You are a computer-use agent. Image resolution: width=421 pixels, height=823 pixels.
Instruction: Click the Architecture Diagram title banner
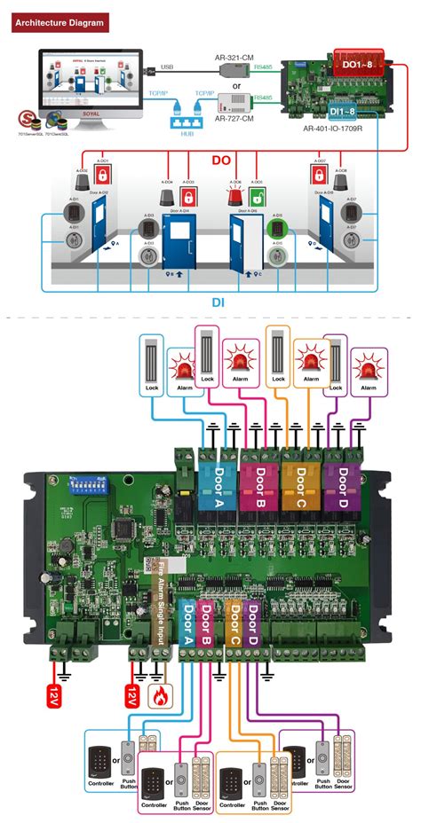point(58,20)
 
